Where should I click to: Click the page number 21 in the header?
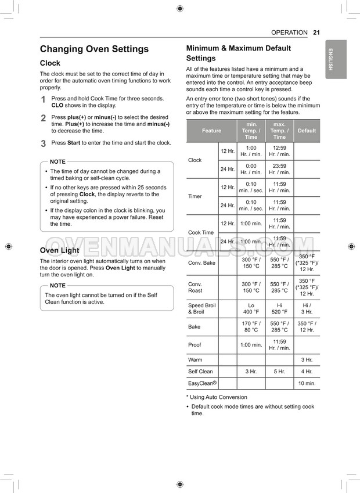point(316,33)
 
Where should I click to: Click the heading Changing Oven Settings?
point(94,49)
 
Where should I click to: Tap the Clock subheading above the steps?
point(50,63)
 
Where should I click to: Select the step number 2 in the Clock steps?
point(43,118)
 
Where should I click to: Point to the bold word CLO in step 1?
point(57,106)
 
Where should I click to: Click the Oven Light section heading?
point(59,250)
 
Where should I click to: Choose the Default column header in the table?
point(307,131)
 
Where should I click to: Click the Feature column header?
point(211,131)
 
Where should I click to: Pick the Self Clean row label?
point(200,372)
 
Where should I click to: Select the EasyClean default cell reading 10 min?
point(307,383)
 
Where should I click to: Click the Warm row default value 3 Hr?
point(307,360)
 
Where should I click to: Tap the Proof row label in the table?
point(195,345)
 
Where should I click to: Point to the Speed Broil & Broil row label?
point(201,308)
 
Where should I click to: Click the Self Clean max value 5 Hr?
point(279,372)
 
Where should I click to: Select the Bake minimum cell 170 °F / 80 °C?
point(251,327)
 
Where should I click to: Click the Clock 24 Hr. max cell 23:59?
point(279,169)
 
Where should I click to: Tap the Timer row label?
point(195,196)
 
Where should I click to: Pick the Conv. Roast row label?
point(196,287)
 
